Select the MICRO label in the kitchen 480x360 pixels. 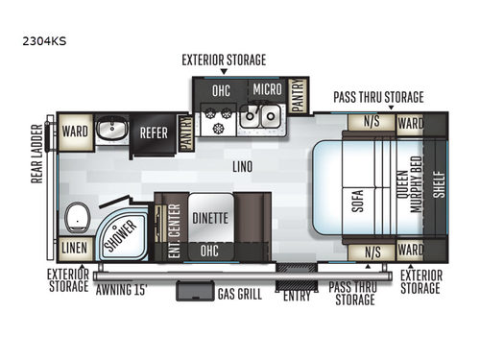[267, 90]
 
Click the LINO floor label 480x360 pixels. [242, 166]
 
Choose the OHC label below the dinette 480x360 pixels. [209, 250]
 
